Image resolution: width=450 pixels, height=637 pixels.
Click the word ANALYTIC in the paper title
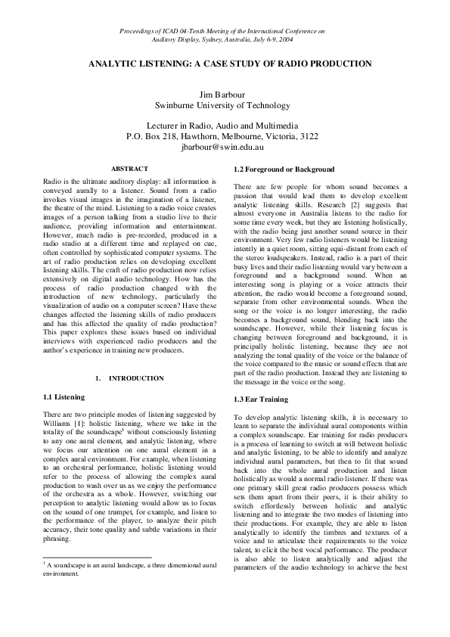coord(115,64)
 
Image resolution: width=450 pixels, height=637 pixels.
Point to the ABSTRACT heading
coord(129,169)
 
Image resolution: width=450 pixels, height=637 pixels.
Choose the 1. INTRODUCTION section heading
coord(129,378)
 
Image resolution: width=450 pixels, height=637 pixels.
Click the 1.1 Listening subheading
coord(64,396)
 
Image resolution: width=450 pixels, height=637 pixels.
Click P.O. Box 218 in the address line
coord(151,137)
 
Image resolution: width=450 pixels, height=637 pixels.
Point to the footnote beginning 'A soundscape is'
coord(129,567)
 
